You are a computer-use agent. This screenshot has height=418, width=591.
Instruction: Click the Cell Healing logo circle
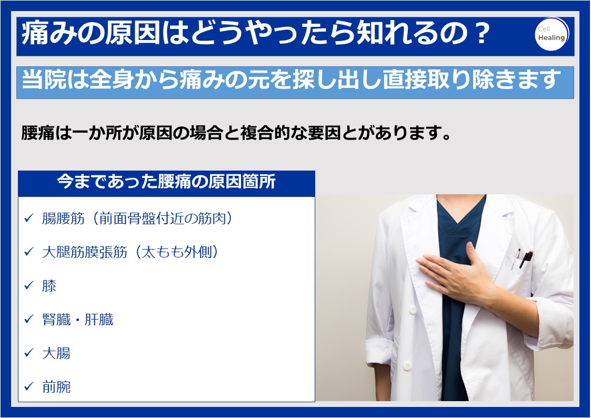pos(552,34)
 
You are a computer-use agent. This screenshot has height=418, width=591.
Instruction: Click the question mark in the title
pos(481,34)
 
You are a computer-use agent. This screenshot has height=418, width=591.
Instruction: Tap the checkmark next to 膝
pos(29,286)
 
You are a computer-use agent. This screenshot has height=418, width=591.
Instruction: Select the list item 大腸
pos(56,354)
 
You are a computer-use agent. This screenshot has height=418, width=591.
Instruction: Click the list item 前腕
pos(56,387)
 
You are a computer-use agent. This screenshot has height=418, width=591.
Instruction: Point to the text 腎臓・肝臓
pos(78,320)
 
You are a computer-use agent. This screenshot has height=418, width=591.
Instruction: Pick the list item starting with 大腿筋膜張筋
pos(130,252)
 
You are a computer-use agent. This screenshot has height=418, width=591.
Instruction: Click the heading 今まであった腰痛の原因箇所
pos(166,181)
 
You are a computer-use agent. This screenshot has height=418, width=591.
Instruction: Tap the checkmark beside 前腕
pos(29,387)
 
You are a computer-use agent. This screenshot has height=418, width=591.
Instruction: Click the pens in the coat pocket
pos(523,258)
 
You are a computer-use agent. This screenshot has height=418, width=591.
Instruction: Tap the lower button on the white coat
pos(407,365)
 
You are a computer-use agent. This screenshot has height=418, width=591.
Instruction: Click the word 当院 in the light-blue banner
pos(45,79)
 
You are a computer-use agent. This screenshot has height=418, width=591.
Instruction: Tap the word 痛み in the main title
pos(46,34)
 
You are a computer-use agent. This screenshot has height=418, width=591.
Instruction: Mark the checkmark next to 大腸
pos(29,353)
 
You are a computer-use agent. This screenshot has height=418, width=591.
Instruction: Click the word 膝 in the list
pos(49,286)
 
